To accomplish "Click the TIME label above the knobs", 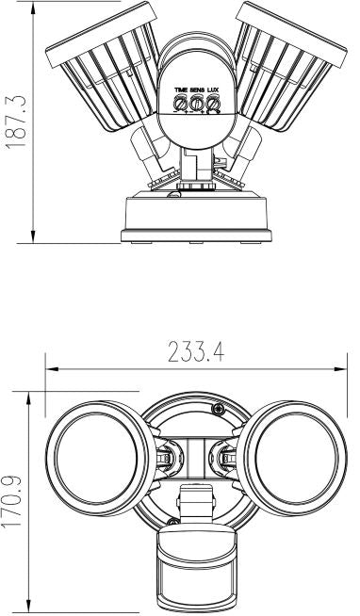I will [180, 88].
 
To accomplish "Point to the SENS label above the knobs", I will [198, 88].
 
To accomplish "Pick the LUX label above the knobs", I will [215, 88].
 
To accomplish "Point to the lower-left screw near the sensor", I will [172, 521].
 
